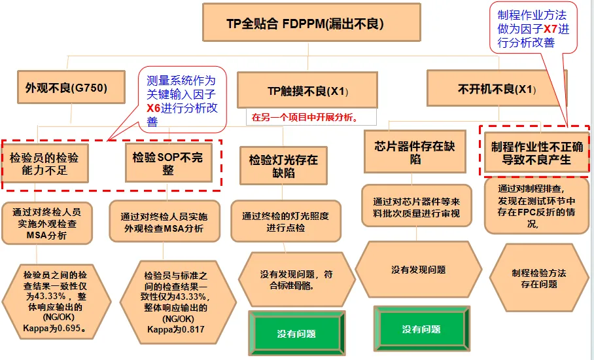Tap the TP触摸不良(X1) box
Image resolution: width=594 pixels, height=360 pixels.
point(307,90)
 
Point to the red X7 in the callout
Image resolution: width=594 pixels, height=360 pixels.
point(551,29)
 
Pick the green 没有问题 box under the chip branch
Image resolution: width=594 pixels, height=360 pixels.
point(421,329)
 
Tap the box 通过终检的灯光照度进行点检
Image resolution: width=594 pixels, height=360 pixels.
point(285,221)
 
